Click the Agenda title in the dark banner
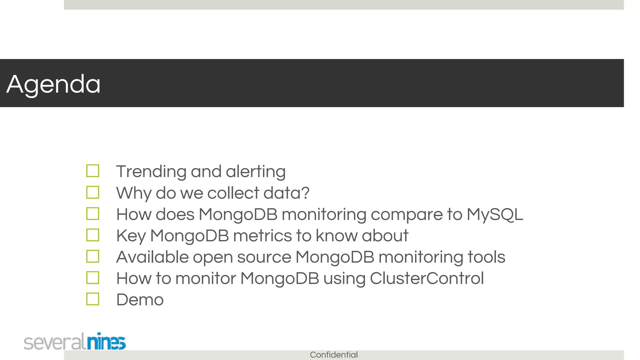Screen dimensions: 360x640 53,84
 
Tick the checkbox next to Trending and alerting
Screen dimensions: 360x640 93,171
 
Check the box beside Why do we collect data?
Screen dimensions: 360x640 93,192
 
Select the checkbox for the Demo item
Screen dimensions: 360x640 93,299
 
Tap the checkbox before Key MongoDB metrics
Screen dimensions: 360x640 93,235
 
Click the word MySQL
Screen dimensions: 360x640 495,215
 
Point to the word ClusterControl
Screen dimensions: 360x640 427,278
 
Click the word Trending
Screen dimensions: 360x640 151,172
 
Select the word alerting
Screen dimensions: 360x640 256,172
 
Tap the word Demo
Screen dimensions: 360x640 140,300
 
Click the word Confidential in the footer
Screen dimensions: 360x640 334,355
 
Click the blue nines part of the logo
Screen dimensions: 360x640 106,342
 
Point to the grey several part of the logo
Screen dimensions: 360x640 54,342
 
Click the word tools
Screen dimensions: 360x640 486,257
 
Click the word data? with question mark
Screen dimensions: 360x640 286,193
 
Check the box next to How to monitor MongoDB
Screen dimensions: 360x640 93,277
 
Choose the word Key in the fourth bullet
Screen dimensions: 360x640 131,236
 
